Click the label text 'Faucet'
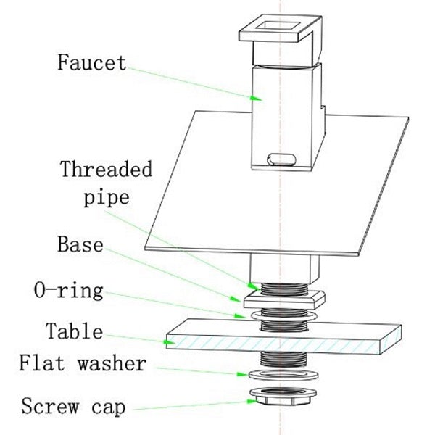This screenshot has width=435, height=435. (x=91, y=62)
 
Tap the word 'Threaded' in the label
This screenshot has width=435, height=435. (x=107, y=170)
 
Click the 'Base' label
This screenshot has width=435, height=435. (x=79, y=244)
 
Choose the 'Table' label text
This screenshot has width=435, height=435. (x=74, y=332)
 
